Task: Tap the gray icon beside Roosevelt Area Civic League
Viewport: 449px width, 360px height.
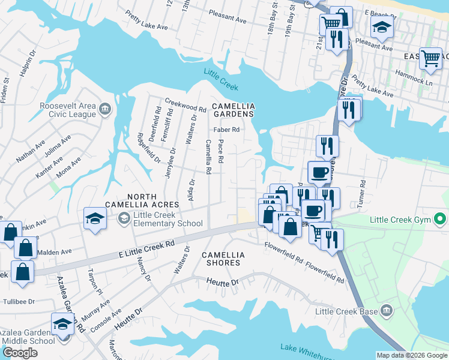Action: (x=105, y=109)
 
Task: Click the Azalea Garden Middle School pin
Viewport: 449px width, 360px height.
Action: (x=62, y=325)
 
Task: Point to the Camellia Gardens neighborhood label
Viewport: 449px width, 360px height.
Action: (x=234, y=110)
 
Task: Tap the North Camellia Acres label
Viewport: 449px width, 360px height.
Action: (x=142, y=201)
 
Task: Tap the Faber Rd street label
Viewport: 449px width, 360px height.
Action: (x=227, y=129)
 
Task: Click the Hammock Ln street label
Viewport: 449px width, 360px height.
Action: (x=413, y=76)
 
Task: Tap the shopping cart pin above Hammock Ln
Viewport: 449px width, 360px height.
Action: (x=430, y=58)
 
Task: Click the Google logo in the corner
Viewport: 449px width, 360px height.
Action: (x=20, y=353)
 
